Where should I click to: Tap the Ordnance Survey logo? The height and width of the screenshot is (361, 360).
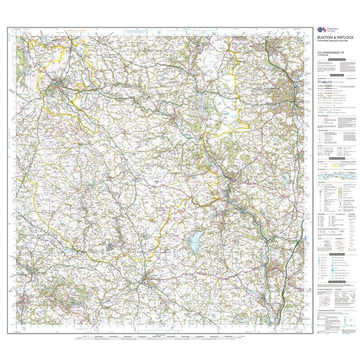(x=321, y=29)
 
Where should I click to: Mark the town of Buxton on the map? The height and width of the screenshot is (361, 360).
(x=60, y=83)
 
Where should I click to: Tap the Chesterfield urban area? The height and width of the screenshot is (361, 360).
(x=288, y=88)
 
